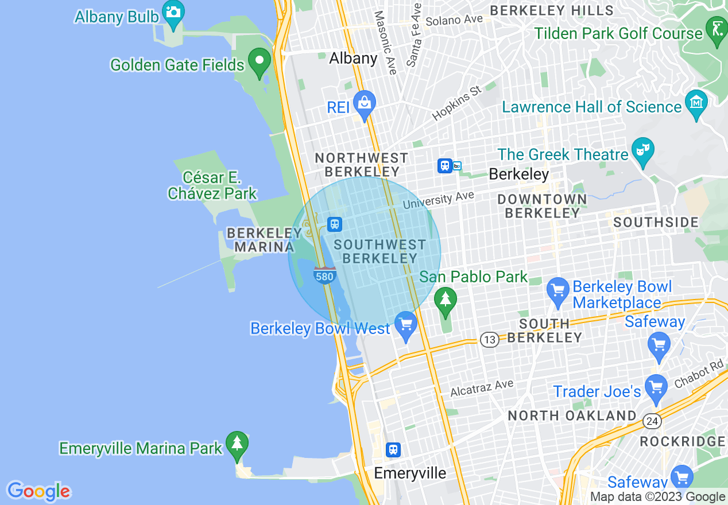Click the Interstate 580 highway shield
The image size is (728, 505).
pos(324,275)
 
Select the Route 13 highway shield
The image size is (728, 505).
pos(489,340)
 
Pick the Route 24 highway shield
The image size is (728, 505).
pos(651,422)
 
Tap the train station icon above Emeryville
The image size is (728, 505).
pos(393,449)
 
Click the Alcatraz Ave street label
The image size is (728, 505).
pos(482,389)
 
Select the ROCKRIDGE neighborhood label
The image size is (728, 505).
pos(682,441)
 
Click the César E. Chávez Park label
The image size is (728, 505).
pos(212,185)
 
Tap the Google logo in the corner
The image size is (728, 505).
pos(38,491)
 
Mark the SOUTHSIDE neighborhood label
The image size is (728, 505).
pos(656,222)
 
